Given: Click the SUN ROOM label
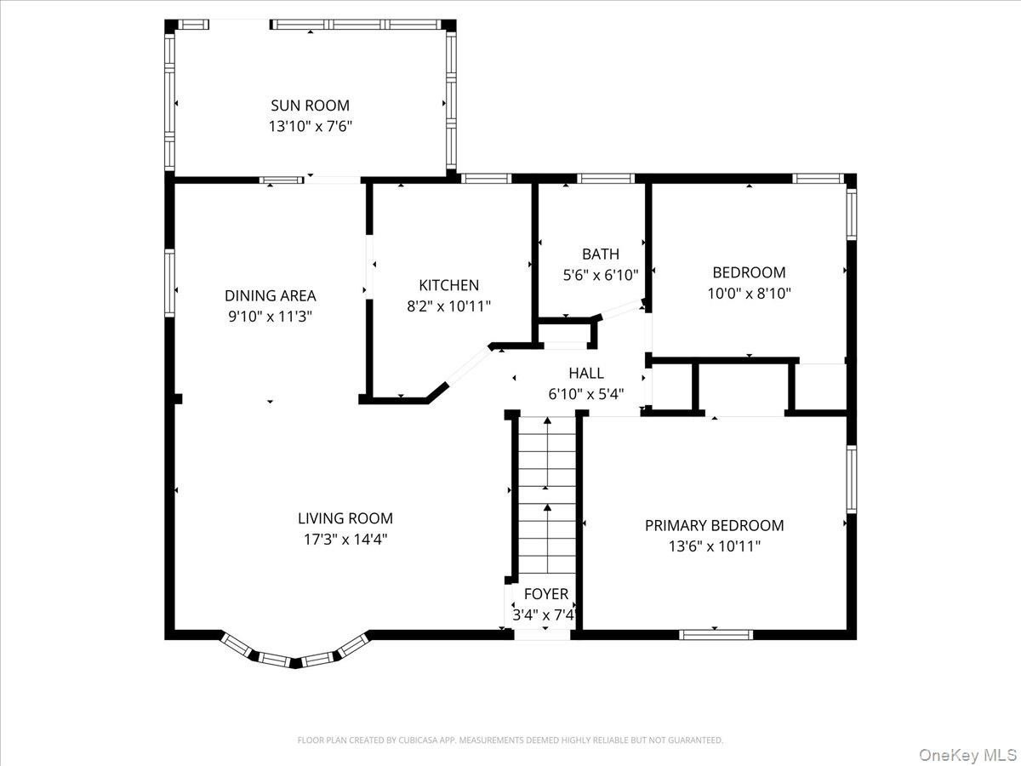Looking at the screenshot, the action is click(x=310, y=106).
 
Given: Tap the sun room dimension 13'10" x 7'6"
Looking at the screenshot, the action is click(x=311, y=127).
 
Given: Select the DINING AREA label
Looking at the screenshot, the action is click(x=271, y=296).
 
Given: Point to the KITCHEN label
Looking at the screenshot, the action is click(x=449, y=285).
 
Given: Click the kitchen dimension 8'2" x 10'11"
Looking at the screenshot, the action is click(x=449, y=306).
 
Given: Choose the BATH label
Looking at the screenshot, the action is click(x=601, y=254).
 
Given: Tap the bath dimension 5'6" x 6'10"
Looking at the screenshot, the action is click(x=601, y=275).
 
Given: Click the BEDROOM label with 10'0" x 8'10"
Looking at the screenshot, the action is click(x=749, y=272).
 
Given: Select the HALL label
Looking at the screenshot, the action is click(x=586, y=373).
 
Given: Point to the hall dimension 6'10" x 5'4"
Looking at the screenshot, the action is click(x=586, y=394).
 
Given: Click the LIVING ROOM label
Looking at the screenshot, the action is click(x=345, y=518).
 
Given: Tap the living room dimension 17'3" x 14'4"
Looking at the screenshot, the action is click(x=345, y=540).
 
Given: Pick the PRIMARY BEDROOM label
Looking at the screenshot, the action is click(x=715, y=525).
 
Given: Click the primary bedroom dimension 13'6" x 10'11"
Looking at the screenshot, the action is click(x=715, y=546).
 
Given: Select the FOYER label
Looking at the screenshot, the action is click(x=546, y=594).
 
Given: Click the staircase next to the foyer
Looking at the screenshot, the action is click(x=547, y=495).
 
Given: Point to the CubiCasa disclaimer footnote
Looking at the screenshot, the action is click(x=510, y=740).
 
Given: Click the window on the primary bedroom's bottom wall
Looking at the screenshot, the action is click(x=716, y=635).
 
